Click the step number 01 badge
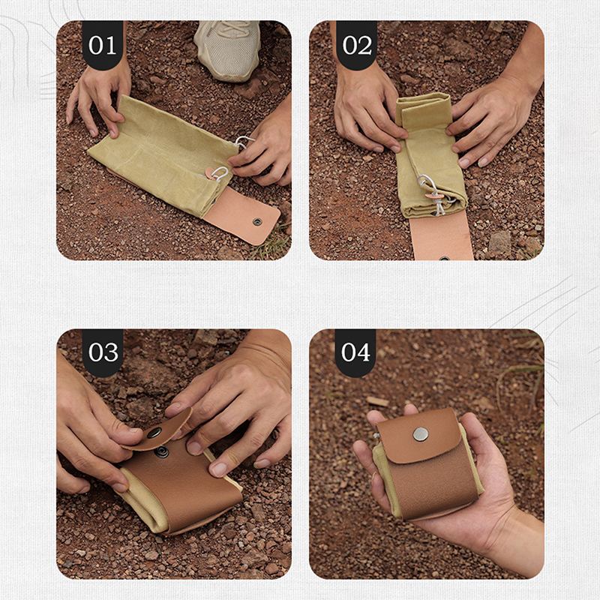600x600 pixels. point(103,45)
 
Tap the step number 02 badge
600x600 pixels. point(357,45)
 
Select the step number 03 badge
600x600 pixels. point(103,352)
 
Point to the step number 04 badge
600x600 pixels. point(355,352)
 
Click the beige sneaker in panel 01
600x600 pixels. point(229,49)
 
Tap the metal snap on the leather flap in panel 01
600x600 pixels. point(257,221)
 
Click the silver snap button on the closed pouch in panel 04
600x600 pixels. point(421,434)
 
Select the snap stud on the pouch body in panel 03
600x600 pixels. point(162,452)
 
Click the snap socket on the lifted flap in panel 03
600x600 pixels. point(154,433)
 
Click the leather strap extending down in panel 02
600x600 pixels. point(442,236)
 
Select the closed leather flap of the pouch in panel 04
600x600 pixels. point(419,436)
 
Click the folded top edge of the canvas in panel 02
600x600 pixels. point(424,103)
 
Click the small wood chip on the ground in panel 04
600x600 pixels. point(377,401)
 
